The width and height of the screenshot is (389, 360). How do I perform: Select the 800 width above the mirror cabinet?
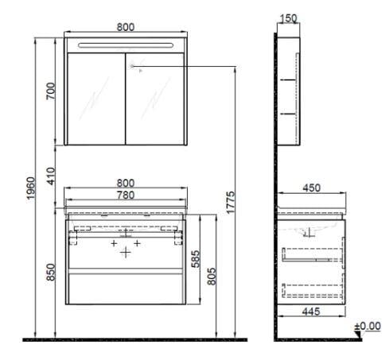tap(126, 26)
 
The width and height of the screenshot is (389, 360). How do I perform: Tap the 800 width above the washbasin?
tap(126, 184)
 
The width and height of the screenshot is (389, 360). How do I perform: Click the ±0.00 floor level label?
tap(368, 327)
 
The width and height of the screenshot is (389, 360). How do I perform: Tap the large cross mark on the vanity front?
tap(126, 254)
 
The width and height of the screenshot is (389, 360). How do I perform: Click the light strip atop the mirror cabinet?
tap(126, 43)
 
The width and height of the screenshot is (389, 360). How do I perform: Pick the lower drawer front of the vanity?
tap(126, 289)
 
